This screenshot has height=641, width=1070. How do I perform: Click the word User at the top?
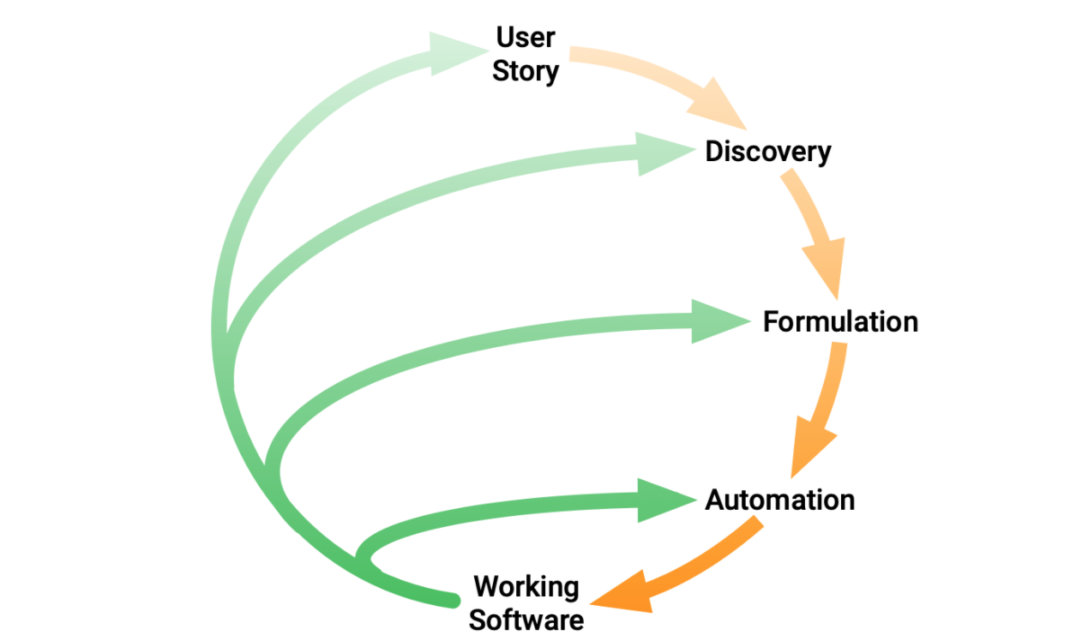(x=526, y=37)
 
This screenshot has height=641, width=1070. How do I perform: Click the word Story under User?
(x=526, y=72)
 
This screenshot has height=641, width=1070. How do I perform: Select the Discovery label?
(x=768, y=152)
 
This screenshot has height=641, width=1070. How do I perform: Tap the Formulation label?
(x=840, y=321)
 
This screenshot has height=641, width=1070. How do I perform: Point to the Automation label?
(x=779, y=500)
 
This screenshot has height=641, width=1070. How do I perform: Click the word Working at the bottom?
(x=526, y=587)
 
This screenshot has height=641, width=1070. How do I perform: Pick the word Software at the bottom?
(x=526, y=620)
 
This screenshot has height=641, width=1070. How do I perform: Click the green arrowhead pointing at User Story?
(x=454, y=52)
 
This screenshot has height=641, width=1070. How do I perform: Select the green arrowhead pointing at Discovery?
(x=662, y=153)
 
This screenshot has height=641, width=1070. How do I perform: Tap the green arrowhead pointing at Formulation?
(x=717, y=321)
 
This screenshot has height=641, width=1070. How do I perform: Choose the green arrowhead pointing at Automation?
(x=663, y=500)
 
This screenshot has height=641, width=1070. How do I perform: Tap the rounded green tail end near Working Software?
(x=453, y=601)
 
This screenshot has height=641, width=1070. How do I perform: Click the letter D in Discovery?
(x=714, y=152)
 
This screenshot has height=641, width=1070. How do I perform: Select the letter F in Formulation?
(x=771, y=321)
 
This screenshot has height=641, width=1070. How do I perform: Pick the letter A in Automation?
(x=715, y=500)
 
